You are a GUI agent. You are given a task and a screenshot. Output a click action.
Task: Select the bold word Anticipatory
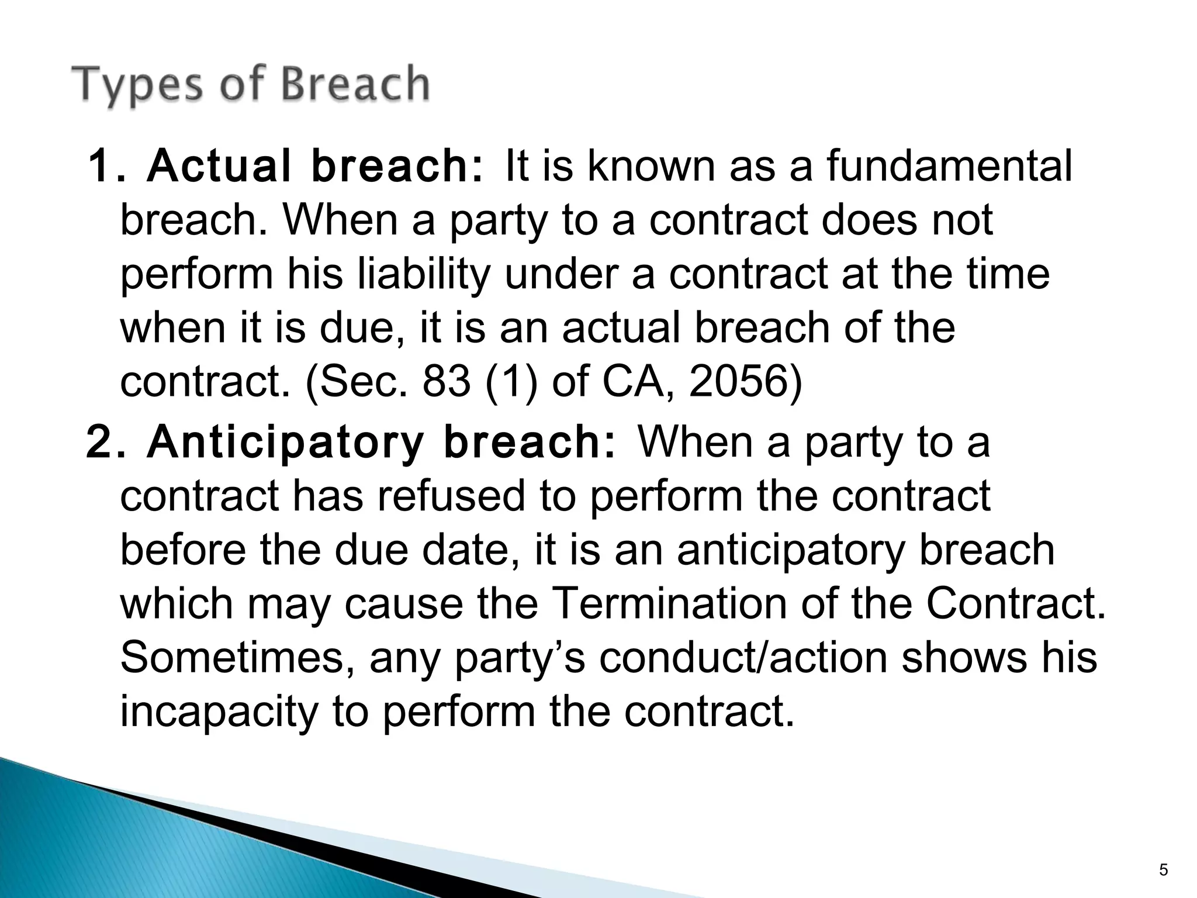(x=285, y=443)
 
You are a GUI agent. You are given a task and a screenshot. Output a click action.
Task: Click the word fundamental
(x=949, y=166)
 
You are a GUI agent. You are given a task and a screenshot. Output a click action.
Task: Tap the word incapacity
(x=220, y=712)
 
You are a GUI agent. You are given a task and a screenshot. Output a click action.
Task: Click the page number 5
(x=1163, y=871)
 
